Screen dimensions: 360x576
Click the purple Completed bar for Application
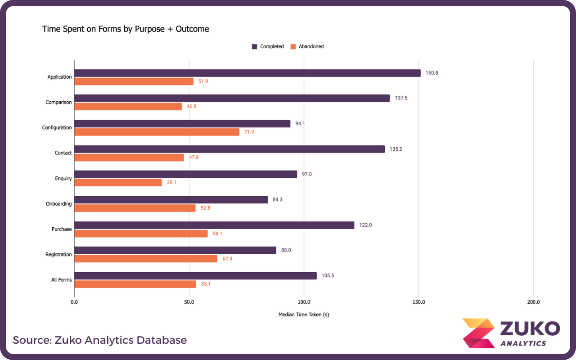click(x=247, y=73)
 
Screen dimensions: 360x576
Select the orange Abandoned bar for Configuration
click(x=157, y=132)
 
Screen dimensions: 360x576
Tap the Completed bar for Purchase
click(x=214, y=225)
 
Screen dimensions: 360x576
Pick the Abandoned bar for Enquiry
click(x=118, y=183)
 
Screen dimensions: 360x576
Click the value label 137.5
click(x=401, y=98)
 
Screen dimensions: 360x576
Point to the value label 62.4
click(x=227, y=259)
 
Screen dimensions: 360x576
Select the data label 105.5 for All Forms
click(x=328, y=275)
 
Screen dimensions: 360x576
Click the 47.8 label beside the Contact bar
click(x=194, y=157)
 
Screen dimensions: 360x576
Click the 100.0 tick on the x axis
click(x=304, y=302)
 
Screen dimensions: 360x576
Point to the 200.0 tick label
click(x=533, y=302)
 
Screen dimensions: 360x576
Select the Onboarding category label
click(x=58, y=204)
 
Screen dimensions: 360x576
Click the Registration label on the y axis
click(x=58, y=255)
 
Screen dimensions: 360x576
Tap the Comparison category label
click(x=58, y=102)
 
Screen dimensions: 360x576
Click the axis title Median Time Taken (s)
click(x=304, y=315)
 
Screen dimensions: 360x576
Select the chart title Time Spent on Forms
click(x=126, y=29)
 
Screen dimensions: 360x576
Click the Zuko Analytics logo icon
click(x=478, y=333)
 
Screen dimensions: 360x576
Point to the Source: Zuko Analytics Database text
click(x=99, y=340)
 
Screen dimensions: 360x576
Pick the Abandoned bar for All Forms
click(x=135, y=284)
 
